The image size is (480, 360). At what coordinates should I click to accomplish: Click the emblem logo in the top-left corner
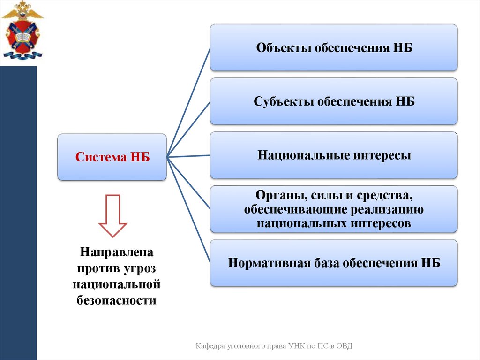pyautogui.click(x=22, y=31)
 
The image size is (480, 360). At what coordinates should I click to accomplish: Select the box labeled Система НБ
pyautogui.click(x=112, y=157)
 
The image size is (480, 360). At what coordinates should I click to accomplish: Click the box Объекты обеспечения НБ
pyautogui.click(x=333, y=47)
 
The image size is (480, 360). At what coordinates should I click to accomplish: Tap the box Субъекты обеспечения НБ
pyautogui.click(x=333, y=101)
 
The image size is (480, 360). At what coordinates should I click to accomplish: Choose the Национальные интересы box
pyautogui.click(x=333, y=155)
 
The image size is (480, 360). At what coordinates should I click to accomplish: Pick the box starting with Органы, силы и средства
pyautogui.click(x=333, y=209)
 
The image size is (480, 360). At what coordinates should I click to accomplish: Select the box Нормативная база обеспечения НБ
pyautogui.click(x=333, y=262)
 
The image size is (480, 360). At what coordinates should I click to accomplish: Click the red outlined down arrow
pyautogui.click(x=112, y=216)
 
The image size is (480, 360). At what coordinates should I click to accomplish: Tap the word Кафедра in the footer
pyautogui.click(x=210, y=346)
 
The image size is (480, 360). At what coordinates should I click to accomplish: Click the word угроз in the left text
pyautogui.click(x=141, y=268)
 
